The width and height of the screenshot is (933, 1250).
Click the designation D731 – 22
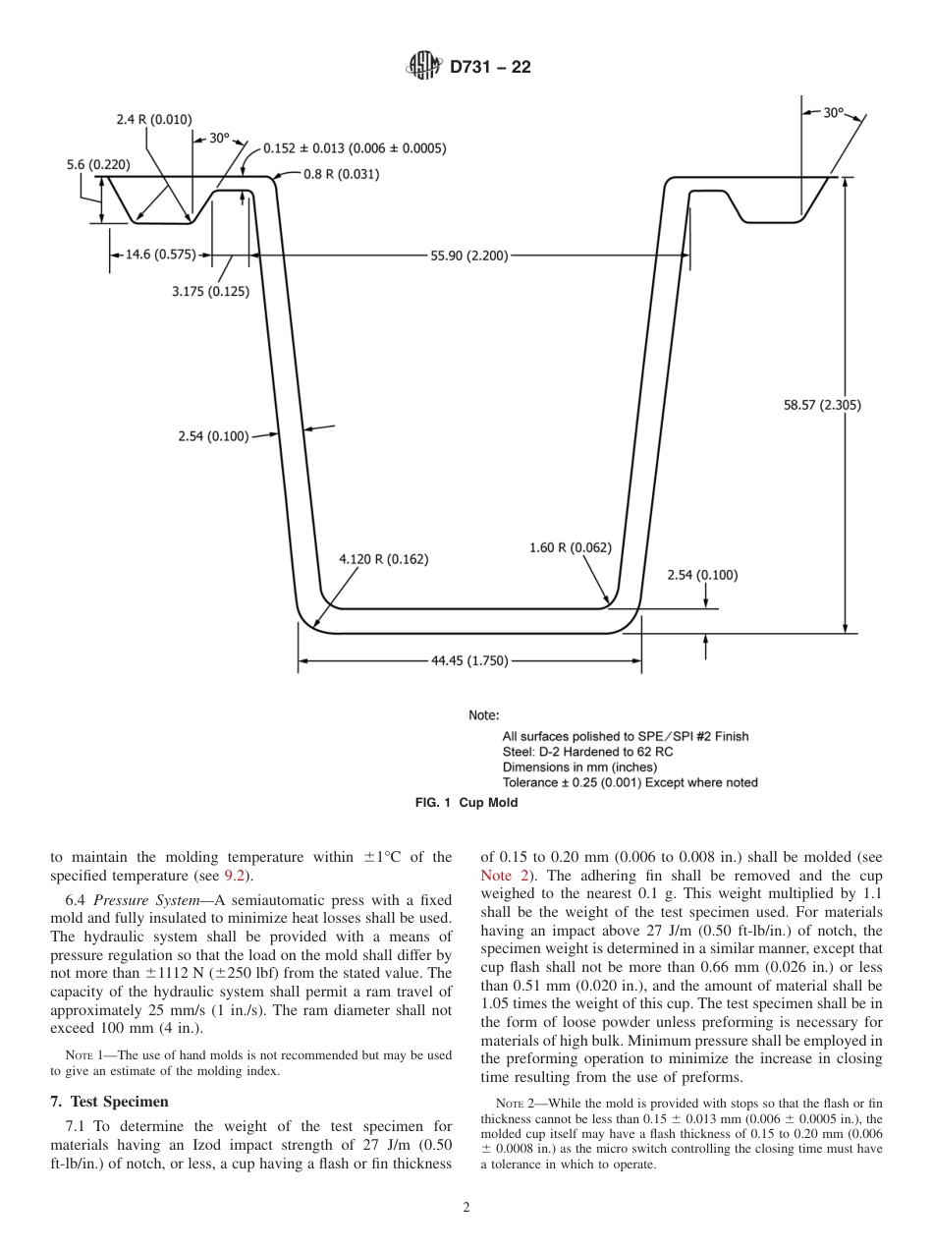[x=490, y=68]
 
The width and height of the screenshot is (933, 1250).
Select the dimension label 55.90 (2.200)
[x=469, y=256]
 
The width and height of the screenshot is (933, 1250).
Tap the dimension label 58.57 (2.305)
[x=822, y=404]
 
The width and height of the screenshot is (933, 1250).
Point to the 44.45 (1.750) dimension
[x=469, y=660]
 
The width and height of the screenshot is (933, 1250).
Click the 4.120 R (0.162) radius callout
[x=383, y=558]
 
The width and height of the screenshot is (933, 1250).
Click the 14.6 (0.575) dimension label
[x=159, y=255]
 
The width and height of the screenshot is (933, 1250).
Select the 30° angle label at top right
[x=833, y=113]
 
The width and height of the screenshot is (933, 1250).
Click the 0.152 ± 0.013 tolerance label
[x=355, y=148]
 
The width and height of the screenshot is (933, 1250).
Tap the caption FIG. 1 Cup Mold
[x=466, y=803]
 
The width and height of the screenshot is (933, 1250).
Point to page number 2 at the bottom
[x=466, y=1209]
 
